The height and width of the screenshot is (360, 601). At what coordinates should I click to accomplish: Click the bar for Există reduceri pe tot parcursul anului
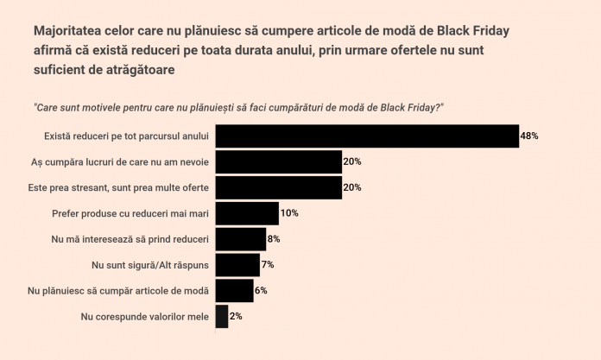[366, 136]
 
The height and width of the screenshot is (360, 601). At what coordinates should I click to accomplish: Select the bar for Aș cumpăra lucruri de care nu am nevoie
[278, 161]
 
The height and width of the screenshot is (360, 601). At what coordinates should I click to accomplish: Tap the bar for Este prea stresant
[278, 187]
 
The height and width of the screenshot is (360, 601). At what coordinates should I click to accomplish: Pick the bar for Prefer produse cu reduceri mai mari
[246, 213]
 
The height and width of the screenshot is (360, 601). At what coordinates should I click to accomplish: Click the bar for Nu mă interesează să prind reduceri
[240, 239]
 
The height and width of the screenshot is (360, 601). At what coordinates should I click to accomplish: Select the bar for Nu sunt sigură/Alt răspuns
[237, 265]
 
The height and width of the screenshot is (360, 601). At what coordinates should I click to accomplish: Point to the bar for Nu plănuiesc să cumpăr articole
[234, 291]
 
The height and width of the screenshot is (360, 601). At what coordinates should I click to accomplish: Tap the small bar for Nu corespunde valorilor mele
[221, 317]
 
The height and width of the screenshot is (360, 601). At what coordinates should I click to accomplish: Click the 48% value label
[529, 136]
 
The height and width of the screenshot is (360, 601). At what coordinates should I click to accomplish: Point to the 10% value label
[289, 213]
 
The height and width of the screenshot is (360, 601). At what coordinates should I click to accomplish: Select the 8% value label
[274, 239]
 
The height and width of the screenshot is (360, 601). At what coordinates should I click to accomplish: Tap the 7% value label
[268, 265]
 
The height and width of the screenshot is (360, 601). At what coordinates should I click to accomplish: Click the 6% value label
[261, 291]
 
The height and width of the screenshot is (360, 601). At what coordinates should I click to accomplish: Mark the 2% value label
[236, 317]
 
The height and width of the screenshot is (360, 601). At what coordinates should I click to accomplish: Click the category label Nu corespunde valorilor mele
[144, 317]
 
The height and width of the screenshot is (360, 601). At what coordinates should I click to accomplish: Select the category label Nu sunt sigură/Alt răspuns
[150, 265]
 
